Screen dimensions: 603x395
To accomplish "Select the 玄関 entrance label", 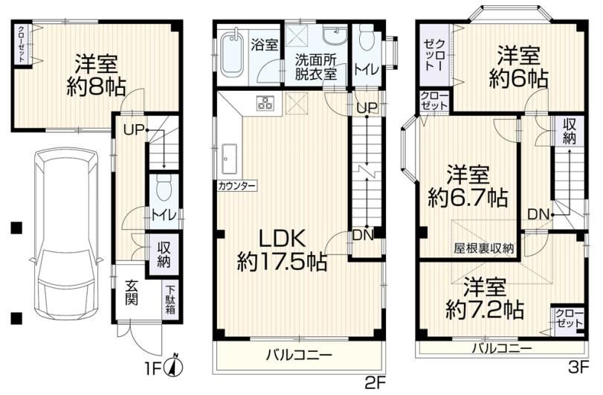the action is (132, 293).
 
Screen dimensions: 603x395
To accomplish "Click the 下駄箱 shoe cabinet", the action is (170, 300).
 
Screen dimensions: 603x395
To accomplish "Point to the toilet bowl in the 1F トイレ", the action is (164, 187).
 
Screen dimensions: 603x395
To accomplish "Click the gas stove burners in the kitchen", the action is (265, 103).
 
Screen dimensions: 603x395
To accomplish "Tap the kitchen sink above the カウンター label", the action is (229, 158).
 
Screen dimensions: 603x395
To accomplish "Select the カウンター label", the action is (237, 187).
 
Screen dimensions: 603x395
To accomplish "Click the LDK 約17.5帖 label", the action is (283, 251).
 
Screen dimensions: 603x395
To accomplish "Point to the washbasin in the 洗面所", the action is (335, 35).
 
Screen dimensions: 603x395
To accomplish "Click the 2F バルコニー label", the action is (299, 355).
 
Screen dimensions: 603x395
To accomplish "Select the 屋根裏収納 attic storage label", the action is (483, 248).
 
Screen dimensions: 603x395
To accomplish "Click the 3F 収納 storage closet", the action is (569, 131).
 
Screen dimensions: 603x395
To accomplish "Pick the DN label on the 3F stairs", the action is (538, 215).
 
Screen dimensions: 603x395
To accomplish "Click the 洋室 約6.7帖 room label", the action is (468, 187).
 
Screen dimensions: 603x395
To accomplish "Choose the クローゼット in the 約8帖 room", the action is (22, 45).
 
